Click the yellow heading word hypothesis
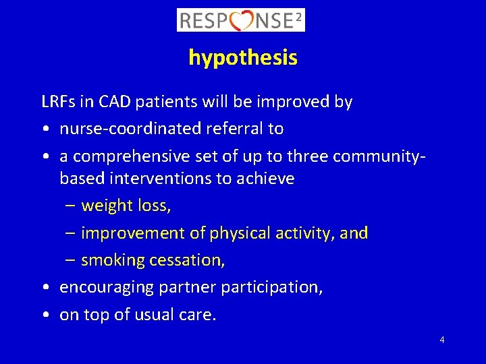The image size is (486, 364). pos(242,58)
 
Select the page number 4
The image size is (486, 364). pos(441,340)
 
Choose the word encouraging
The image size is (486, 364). pos(107,288)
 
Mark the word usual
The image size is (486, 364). pos(148,315)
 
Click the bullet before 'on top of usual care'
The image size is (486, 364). pos(44,315)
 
